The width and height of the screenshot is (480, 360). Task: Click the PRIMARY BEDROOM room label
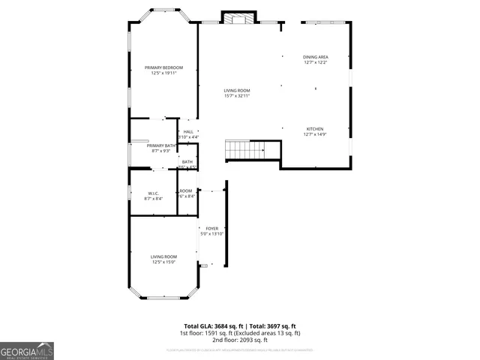pyautogui.click(x=163, y=67)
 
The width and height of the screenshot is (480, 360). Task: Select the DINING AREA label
pyautogui.click(x=316, y=57)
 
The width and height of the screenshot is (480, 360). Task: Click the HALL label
pyautogui.click(x=188, y=132)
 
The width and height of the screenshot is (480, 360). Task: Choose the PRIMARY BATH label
pyautogui.click(x=162, y=145)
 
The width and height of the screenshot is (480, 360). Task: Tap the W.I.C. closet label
pyautogui.click(x=151, y=193)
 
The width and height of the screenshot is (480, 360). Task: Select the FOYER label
pyautogui.click(x=212, y=228)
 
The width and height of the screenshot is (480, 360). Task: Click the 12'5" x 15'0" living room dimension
pyautogui.click(x=163, y=262)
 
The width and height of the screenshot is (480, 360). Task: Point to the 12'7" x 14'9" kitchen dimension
pyautogui.click(x=316, y=135)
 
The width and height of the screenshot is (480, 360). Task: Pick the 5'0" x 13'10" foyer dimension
pyautogui.click(x=212, y=234)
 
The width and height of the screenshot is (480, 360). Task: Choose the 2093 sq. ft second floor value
pyautogui.click(x=247, y=340)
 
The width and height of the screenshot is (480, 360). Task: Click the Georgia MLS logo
pyautogui.click(x=27, y=351)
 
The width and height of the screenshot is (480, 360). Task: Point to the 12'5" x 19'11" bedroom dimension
pyautogui.click(x=163, y=73)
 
